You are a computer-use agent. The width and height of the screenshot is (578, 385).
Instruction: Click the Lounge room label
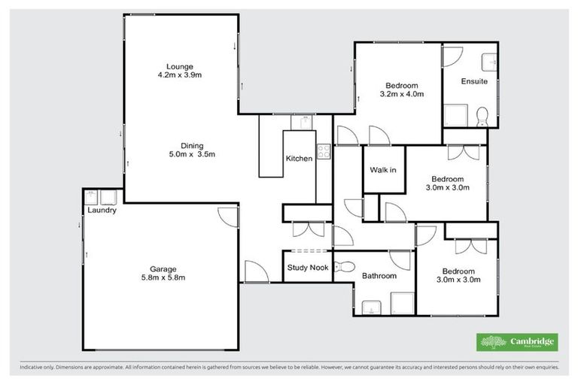click(x=180, y=65)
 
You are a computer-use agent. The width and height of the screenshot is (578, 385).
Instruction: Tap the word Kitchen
click(x=299, y=159)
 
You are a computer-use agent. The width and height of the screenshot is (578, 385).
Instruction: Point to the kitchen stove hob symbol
click(x=324, y=150)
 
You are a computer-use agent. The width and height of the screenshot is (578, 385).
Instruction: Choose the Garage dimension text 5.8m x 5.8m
click(x=163, y=277)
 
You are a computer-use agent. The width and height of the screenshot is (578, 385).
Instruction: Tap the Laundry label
click(x=102, y=211)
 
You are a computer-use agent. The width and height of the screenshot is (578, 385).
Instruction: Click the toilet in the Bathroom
click(x=345, y=266)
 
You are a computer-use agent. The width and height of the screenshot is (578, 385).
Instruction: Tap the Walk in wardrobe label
click(x=383, y=170)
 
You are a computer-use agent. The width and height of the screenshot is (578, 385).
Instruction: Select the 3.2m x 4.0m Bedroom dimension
click(x=402, y=95)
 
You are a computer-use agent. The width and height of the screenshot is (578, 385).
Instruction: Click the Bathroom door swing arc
click(x=399, y=259)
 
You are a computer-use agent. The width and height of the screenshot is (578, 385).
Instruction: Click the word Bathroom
click(x=379, y=276)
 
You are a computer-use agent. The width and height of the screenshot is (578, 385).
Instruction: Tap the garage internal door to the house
click(x=227, y=217)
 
